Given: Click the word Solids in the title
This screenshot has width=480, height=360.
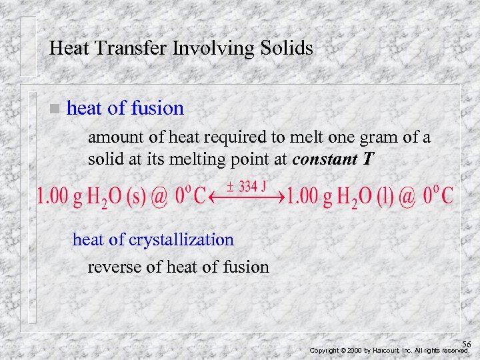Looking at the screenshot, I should [x=282, y=48].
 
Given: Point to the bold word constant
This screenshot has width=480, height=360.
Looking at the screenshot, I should [x=324, y=160].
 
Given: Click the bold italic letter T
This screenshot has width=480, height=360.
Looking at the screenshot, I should [x=369, y=160].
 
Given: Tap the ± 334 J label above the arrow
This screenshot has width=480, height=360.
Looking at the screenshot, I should [x=245, y=187].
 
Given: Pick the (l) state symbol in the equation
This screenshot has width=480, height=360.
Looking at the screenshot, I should [x=386, y=197].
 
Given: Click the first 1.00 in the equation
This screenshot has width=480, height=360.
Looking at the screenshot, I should [x=52, y=197].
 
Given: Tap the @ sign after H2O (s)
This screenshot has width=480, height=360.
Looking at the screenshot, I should [x=159, y=197].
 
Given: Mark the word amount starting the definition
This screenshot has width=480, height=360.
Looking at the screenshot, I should [x=112, y=138].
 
